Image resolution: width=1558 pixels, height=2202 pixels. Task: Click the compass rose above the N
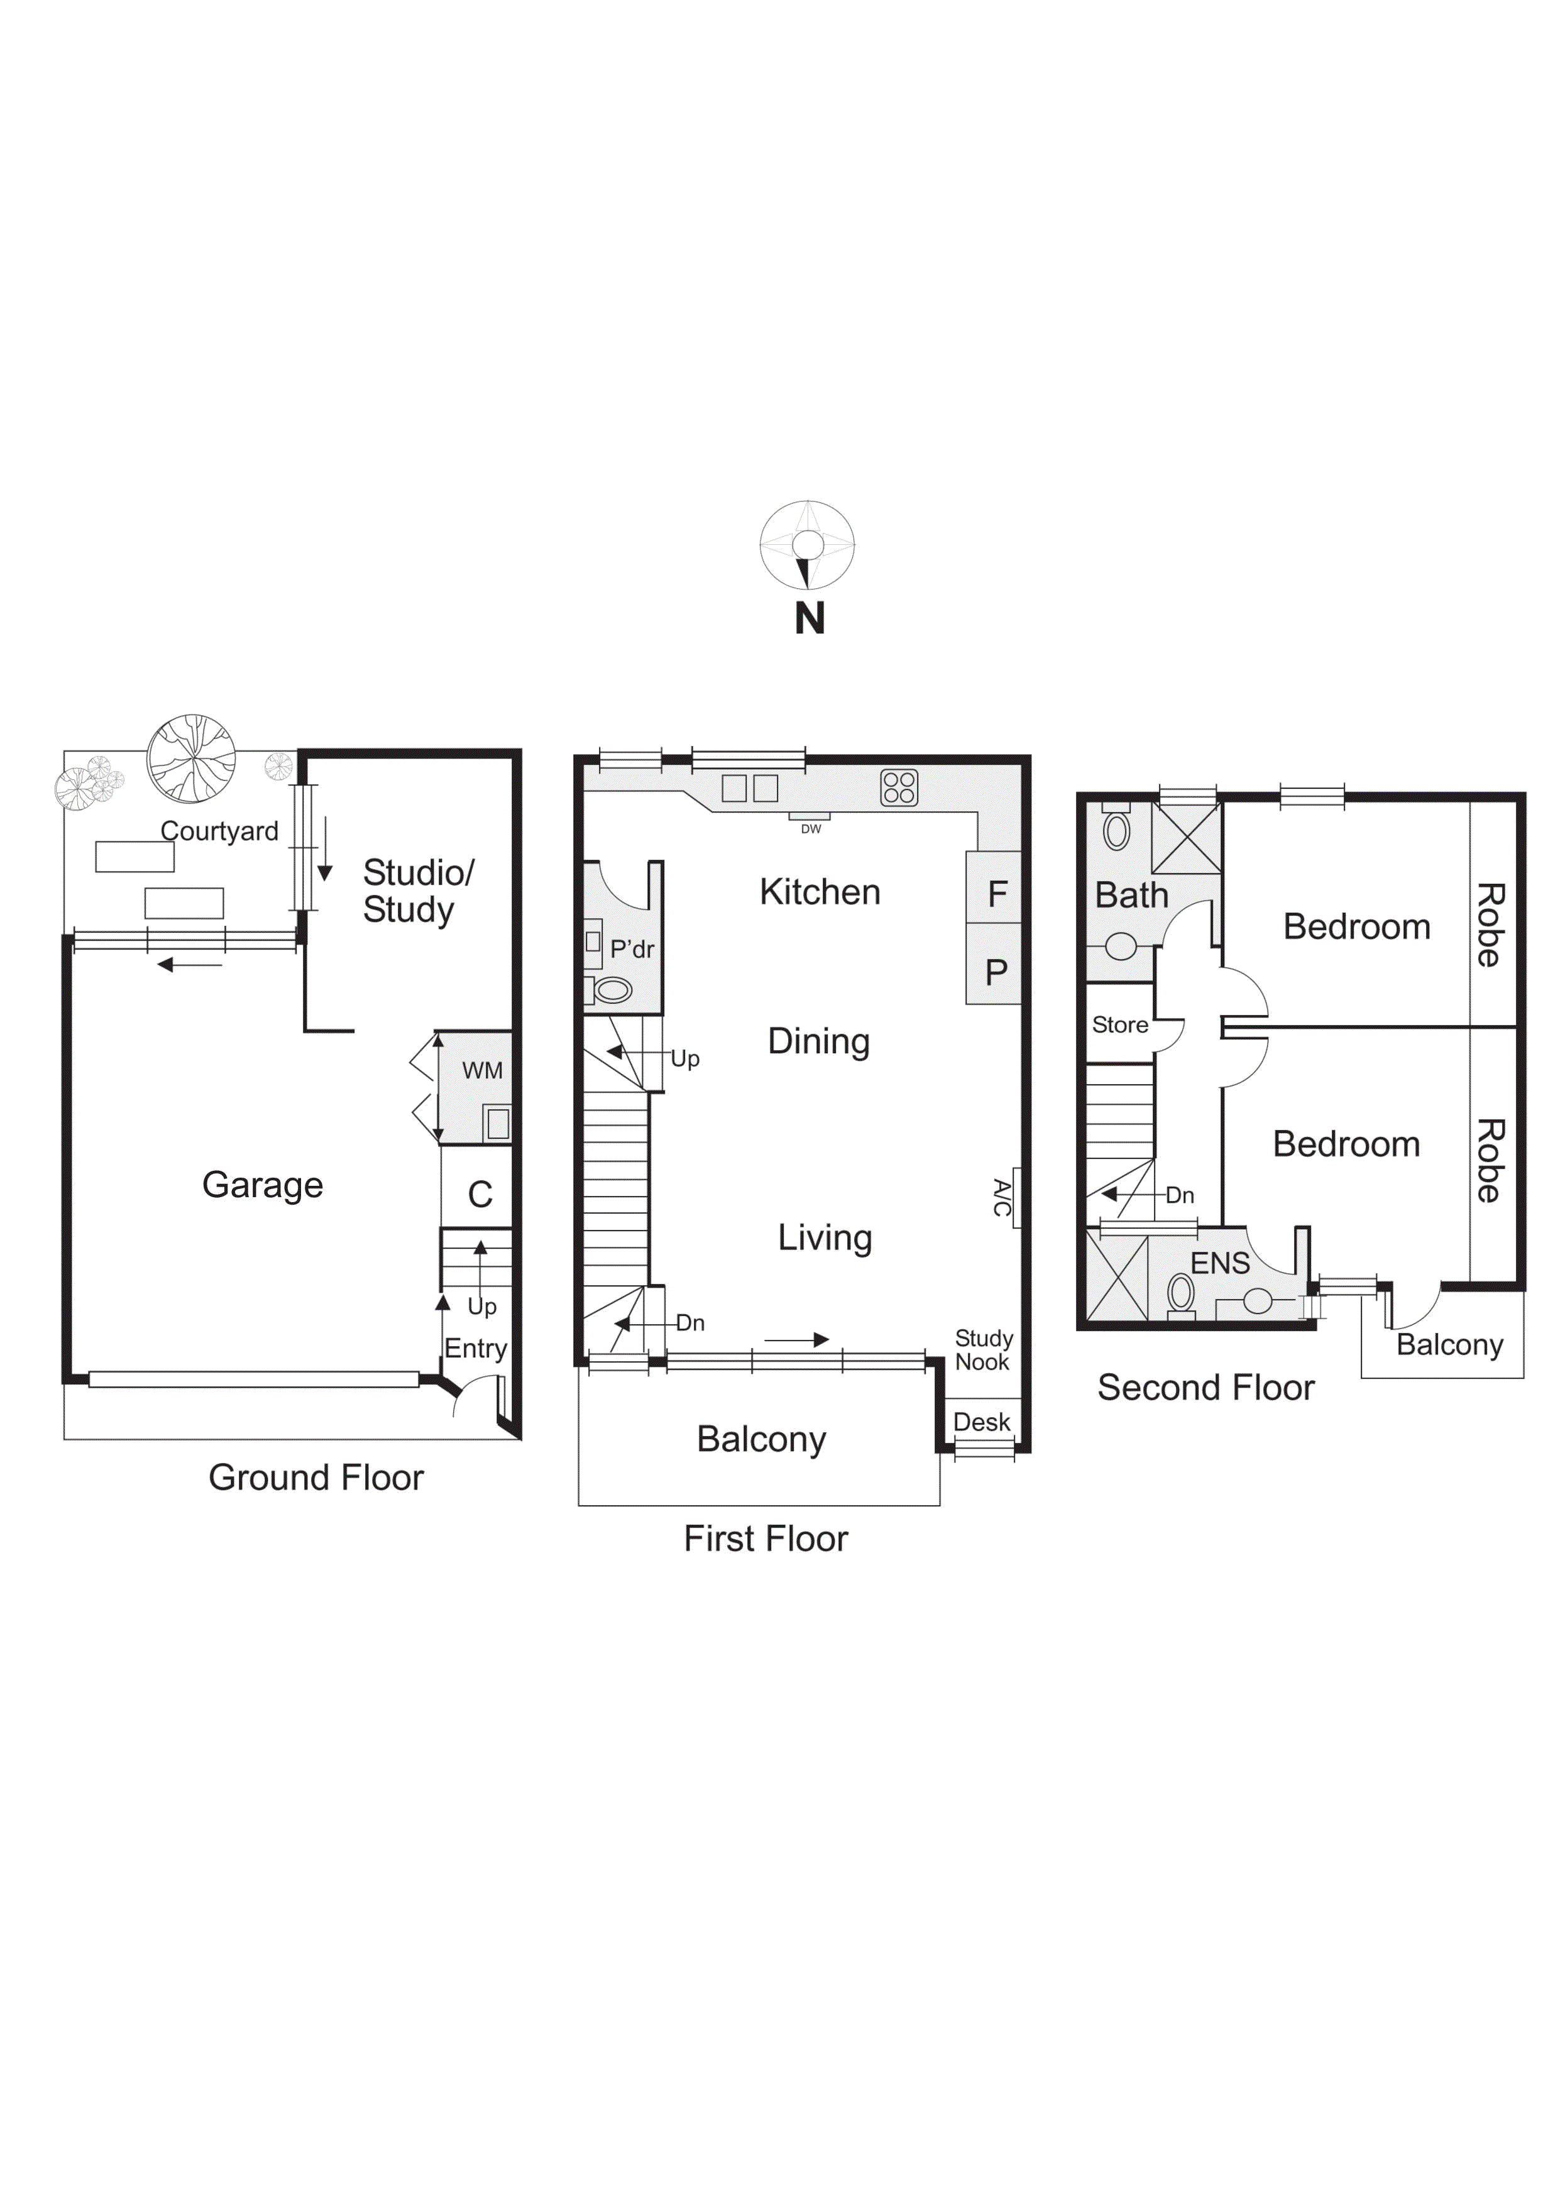pos(807,545)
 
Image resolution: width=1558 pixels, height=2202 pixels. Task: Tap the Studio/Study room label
pos(417,891)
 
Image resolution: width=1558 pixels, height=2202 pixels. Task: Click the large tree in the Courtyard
pos(192,758)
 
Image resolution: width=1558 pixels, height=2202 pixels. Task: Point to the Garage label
pos(262,1185)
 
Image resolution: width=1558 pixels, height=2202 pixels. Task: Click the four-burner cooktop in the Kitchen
pos(899,787)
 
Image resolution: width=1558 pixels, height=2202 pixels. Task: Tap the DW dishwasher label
pos(811,829)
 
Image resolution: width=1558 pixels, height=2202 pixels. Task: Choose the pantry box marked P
pos(993,965)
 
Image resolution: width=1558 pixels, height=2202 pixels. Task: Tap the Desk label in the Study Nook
pos(982,1421)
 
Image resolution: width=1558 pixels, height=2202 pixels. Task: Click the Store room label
pos(1119,1024)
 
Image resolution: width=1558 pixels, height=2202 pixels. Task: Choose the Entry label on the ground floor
pos(475,1349)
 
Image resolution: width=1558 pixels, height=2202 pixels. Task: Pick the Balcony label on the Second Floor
pos(1450,1345)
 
